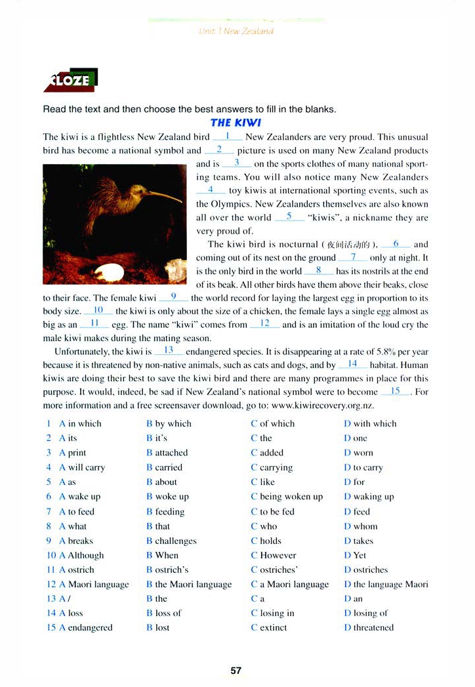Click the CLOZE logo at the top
[x=70, y=79]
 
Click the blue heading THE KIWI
[x=236, y=123]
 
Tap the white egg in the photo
[x=109, y=271]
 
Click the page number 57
[x=236, y=670]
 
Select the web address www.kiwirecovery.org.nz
[x=323, y=406]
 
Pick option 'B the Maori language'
[x=189, y=584]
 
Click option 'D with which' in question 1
[x=370, y=424]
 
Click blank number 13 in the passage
[x=169, y=350]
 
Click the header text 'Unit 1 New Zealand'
[x=236, y=31]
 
